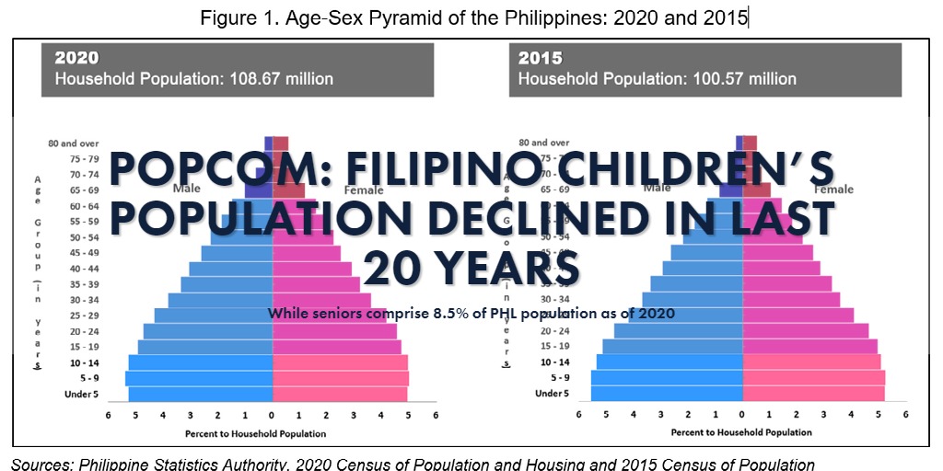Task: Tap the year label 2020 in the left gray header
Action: click(x=77, y=58)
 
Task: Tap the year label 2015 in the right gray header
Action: click(x=541, y=58)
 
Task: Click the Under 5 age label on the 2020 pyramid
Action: click(x=81, y=395)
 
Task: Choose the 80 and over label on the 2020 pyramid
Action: click(x=74, y=144)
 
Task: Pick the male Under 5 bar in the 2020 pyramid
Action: click(x=200, y=395)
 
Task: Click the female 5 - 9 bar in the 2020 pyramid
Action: click(x=341, y=378)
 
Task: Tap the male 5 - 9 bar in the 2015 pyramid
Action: click(x=667, y=377)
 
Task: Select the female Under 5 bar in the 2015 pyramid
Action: click(x=813, y=394)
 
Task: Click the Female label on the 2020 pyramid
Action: click(x=364, y=191)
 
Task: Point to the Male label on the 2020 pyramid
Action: click(x=186, y=188)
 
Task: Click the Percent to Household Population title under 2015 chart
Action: click(x=741, y=432)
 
